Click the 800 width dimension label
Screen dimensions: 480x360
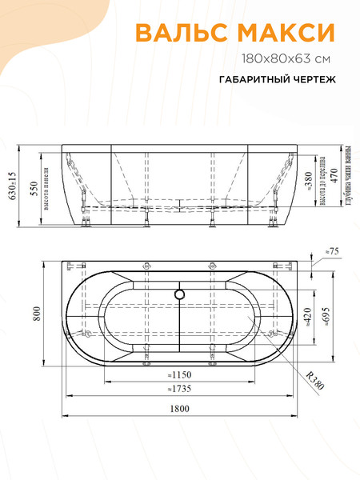36,317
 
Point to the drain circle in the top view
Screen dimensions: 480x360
180,294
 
